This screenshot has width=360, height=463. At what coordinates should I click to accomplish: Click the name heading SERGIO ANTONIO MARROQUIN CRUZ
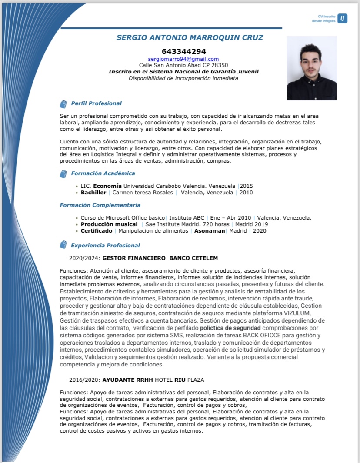pyautogui.click(x=190, y=37)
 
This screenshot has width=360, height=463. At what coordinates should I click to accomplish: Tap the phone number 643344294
pyautogui.click(x=183, y=51)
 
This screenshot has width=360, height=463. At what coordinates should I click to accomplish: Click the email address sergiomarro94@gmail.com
pyautogui.click(x=183, y=59)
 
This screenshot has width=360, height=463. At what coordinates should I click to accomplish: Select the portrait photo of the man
pyautogui.click(x=312, y=68)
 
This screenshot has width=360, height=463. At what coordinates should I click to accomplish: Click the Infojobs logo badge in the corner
pyautogui.click(x=343, y=18)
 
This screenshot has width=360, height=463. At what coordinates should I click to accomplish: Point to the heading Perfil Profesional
pyautogui.click(x=96, y=103)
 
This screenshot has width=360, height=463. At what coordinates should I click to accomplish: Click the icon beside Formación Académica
pyautogui.click(x=63, y=174)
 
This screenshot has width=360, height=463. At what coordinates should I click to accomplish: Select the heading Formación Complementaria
pyautogui.click(x=100, y=205)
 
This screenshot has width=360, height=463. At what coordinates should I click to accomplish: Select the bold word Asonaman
pyautogui.click(x=210, y=231)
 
